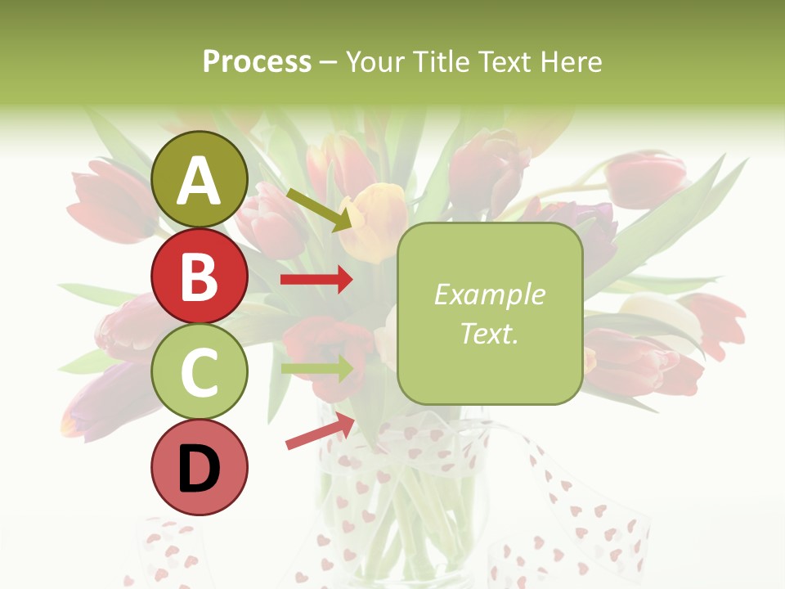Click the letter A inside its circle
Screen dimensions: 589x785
click(x=200, y=182)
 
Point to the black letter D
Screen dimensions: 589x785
click(x=200, y=469)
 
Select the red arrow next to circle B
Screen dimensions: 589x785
click(x=316, y=280)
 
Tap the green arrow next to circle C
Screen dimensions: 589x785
click(x=316, y=368)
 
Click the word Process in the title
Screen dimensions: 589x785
click(x=257, y=61)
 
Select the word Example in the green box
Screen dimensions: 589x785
click(x=489, y=294)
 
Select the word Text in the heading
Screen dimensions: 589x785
click(x=505, y=61)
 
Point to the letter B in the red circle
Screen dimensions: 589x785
click(x=199, y=277)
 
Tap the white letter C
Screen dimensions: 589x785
click(x=199, y=373)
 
